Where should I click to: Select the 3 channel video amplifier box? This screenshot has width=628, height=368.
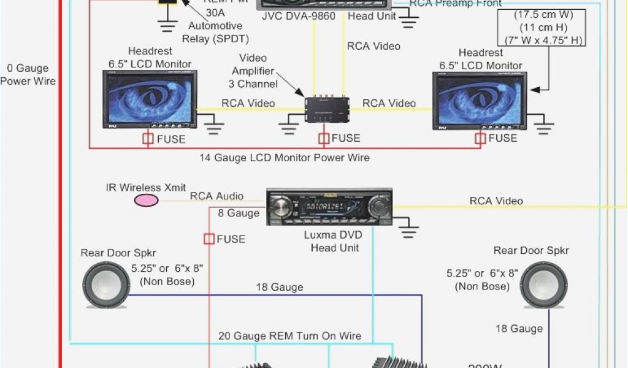click(x=327, y=109)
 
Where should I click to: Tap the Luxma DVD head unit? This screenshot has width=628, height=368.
click(x=329, y=207)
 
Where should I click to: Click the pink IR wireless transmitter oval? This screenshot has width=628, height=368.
click(x=147, y=200)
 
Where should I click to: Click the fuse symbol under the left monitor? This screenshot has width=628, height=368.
click(x=148, y=139)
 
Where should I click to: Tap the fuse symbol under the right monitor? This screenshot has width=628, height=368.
click(x=480, y=139)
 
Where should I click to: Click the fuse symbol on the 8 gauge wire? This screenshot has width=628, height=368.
click(x=209, y=239)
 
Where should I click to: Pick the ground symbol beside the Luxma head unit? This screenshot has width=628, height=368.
click(x=408, y=229)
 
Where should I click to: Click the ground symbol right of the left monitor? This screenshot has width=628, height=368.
click(x=213, y=126)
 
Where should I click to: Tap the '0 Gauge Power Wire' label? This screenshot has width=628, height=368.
click(x=28, y=75)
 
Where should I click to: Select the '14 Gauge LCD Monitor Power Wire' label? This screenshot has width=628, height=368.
click(x=285, y=158)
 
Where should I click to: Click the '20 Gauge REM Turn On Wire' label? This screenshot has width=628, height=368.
click(x=289, y=336)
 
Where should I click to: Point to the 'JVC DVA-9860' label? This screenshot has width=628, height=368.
click(x=299, y=17)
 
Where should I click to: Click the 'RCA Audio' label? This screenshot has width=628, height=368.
click(x=216, y=196)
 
